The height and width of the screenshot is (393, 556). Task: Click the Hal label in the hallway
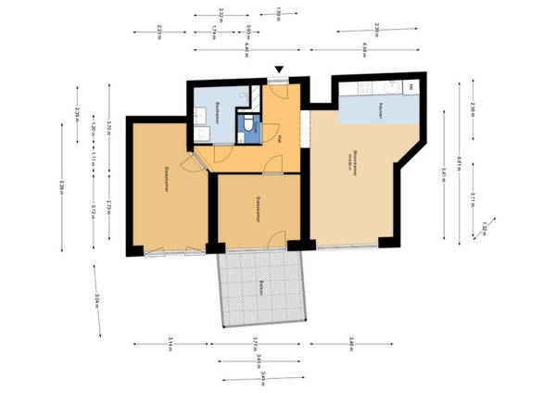coord(280,139)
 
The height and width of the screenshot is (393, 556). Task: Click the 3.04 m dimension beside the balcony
coord(97,299)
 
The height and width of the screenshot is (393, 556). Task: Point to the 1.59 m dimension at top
coord(281,13)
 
